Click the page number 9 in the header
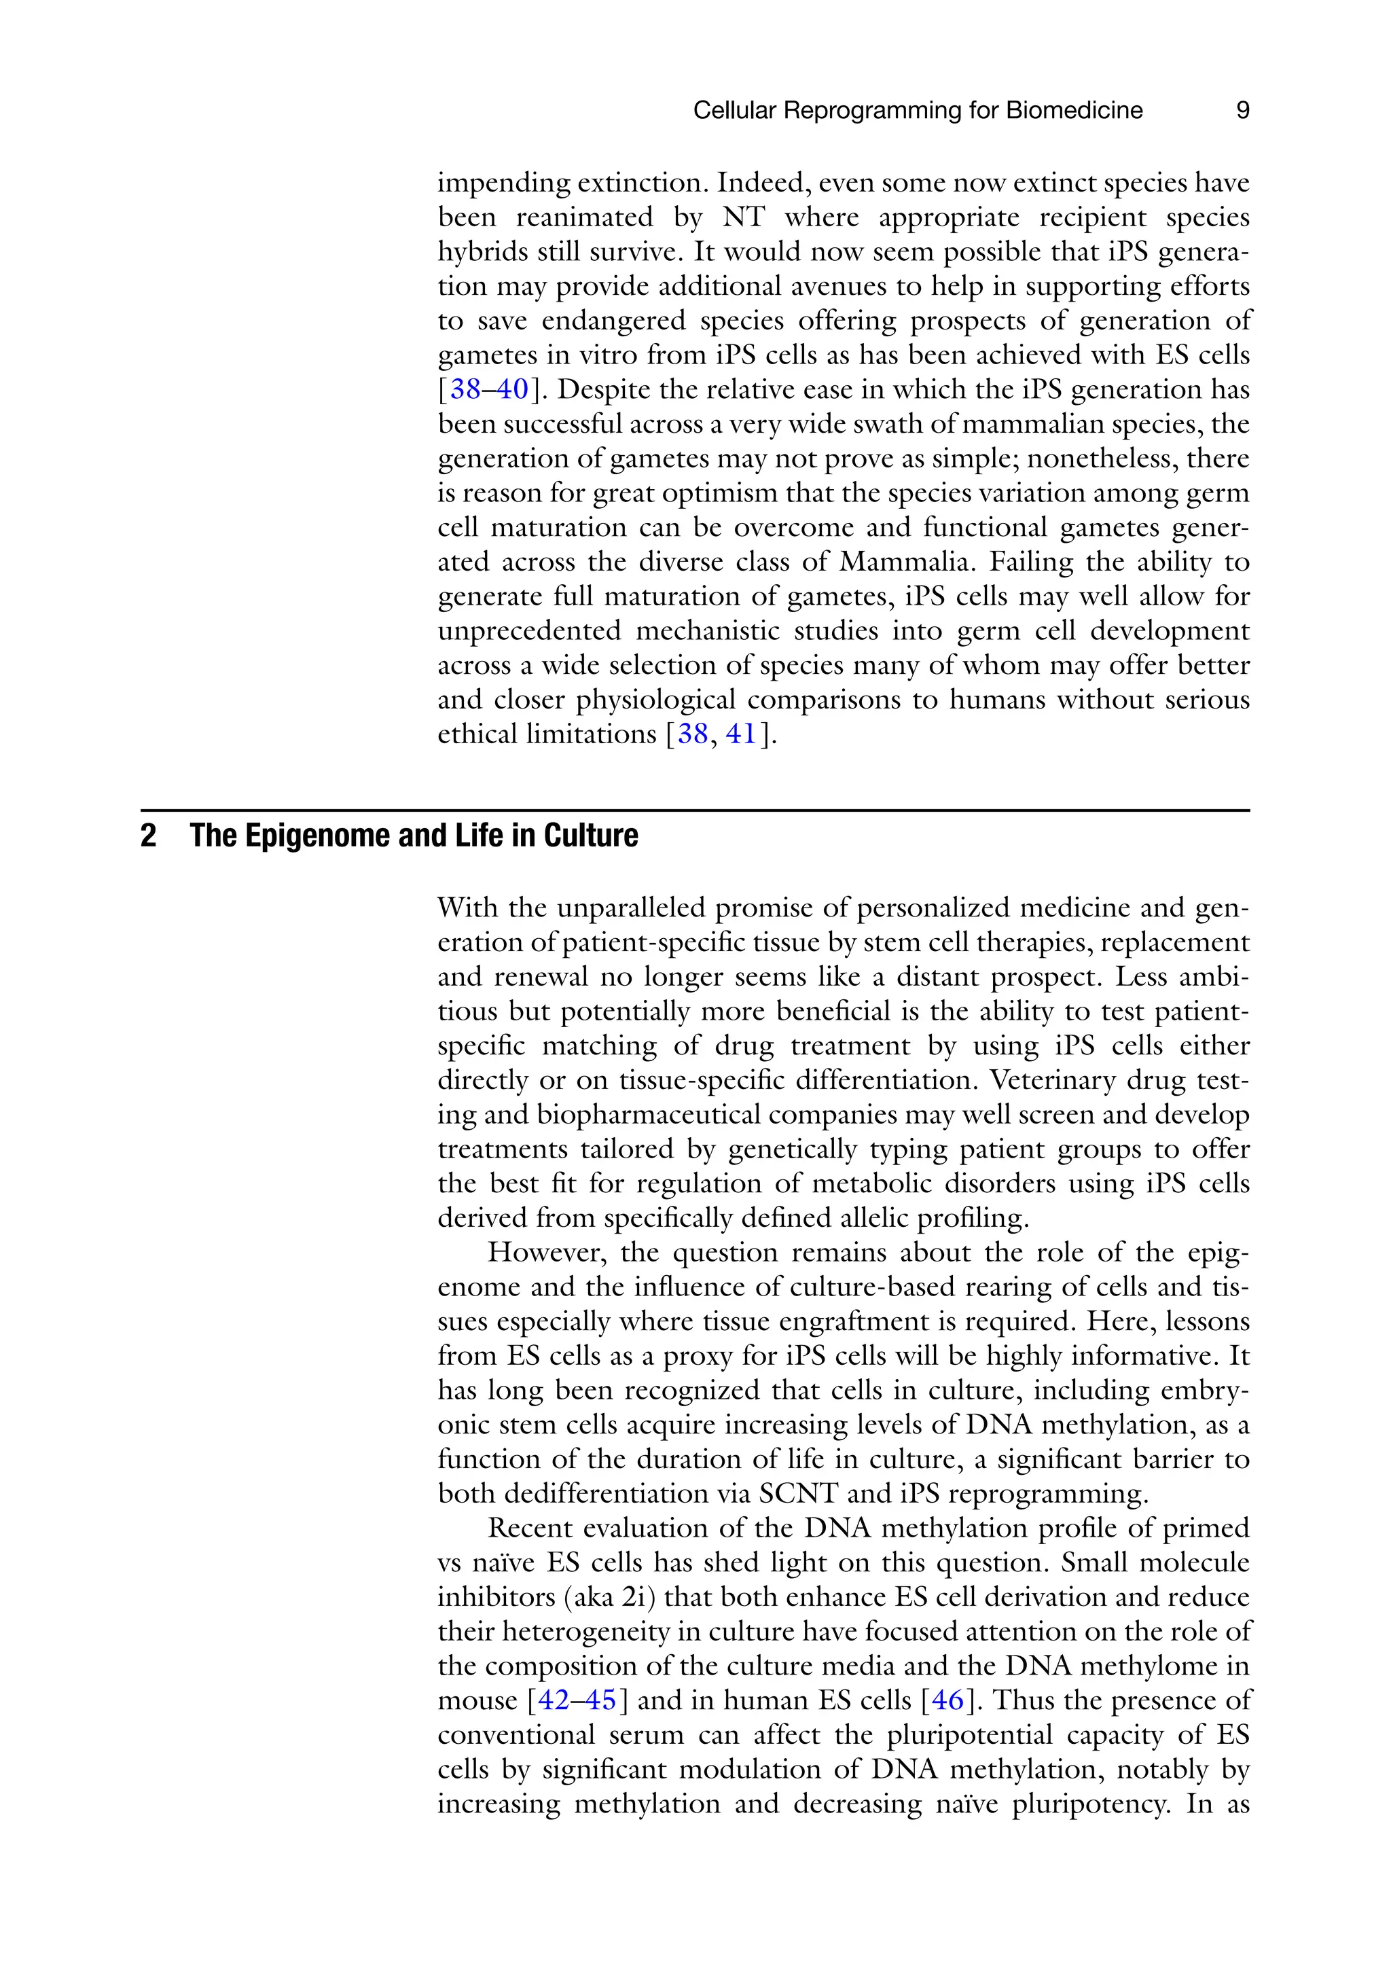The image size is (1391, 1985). tap(1242, 111)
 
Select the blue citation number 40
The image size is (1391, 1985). tap(512, 390)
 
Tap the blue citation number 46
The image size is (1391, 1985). tap(947, 1700)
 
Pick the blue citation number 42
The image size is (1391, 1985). tap(554, 1700)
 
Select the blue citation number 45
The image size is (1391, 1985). tap(601, 1700)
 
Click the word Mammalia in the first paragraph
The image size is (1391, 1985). tap(907, 562)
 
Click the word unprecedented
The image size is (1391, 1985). tap(529, 631)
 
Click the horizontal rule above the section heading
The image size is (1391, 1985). tap(695, 810)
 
